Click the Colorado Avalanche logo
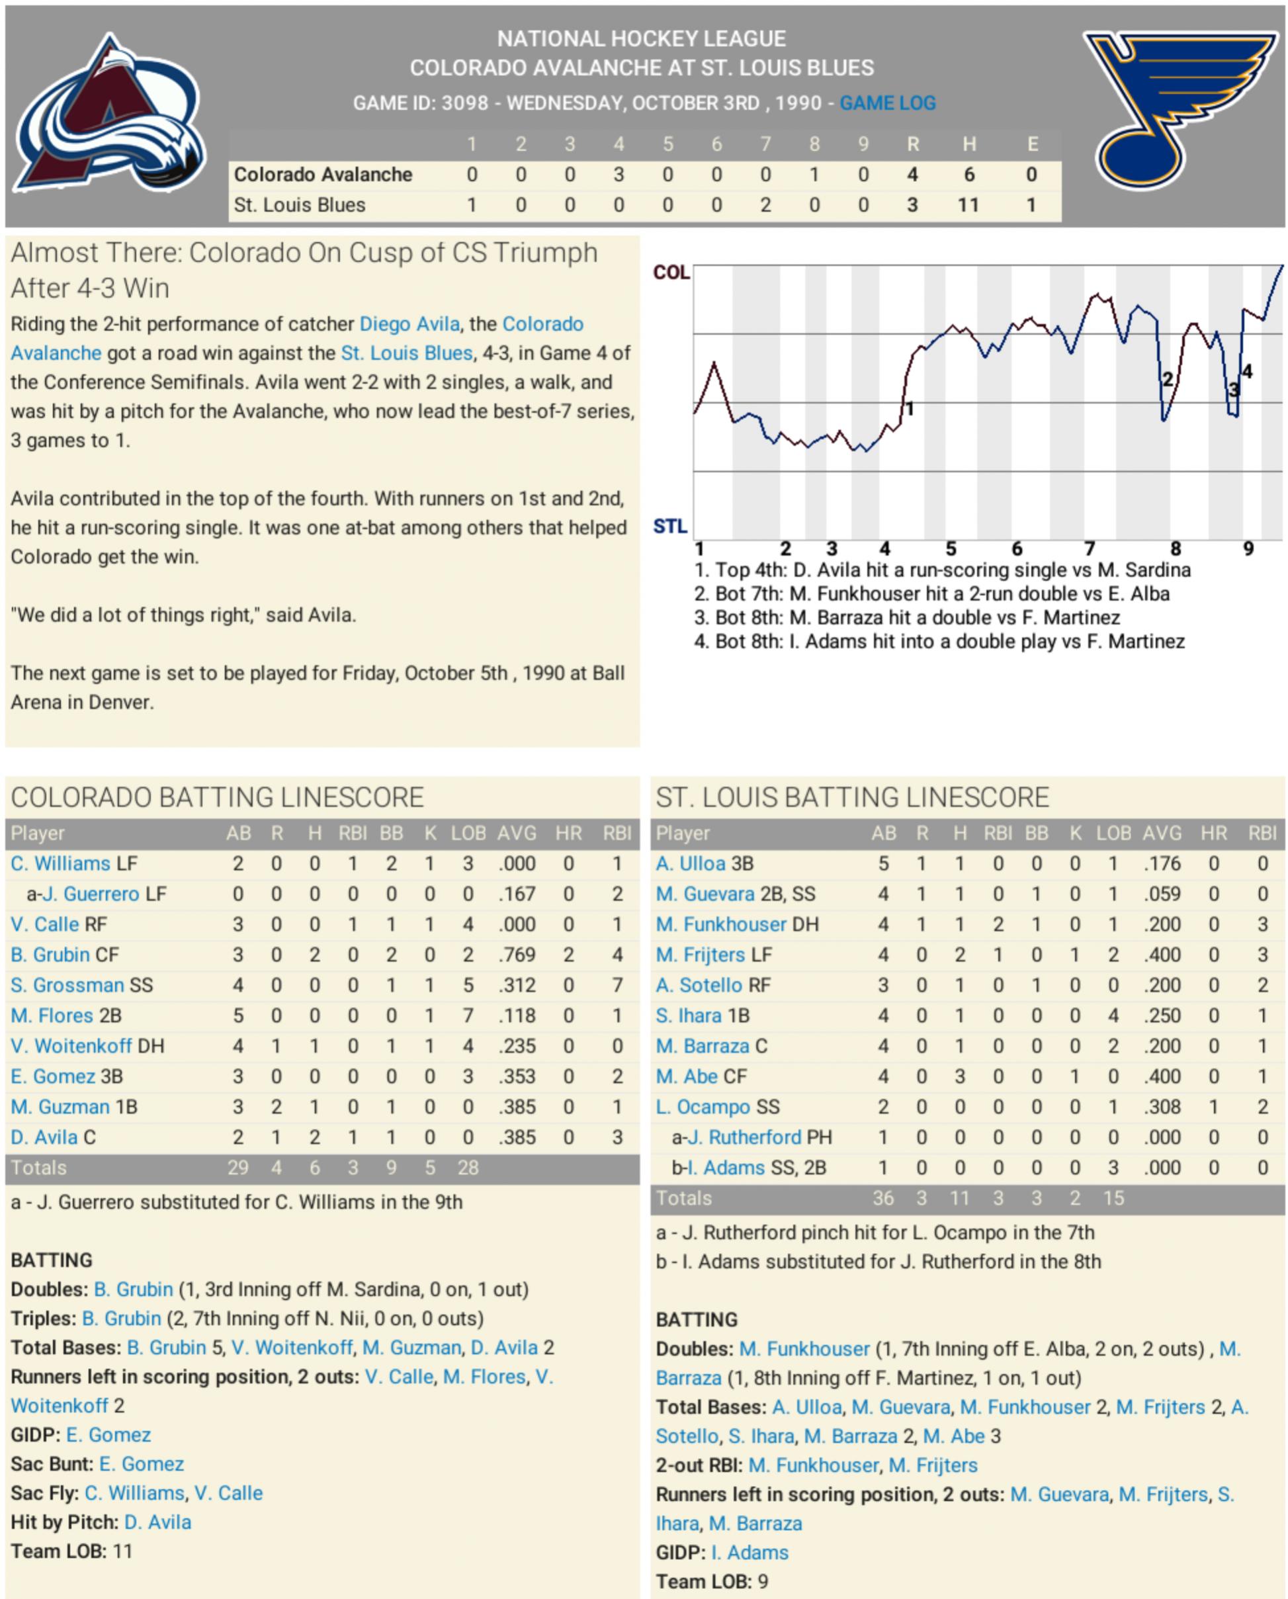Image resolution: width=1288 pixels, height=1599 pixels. click(110, 115)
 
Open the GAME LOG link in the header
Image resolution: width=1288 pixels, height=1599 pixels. click(887, 103)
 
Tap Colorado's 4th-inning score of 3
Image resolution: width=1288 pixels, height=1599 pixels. click(618, 175)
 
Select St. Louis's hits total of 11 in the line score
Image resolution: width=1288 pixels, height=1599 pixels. click(968, 206)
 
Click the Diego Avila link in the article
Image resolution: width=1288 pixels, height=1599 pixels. click(409, 324)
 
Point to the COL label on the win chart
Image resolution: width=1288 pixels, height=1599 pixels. click(671, 273)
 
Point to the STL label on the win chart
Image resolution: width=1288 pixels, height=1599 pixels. click(670, 527)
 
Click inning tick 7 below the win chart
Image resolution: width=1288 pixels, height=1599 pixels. click(1088, 549)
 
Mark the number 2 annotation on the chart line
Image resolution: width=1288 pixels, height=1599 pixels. click(1167, 380)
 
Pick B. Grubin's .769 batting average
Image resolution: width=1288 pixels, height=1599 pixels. click(517, 955)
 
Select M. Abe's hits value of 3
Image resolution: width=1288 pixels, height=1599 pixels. click(959, 1076)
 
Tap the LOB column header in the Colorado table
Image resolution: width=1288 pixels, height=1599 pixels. click(468, 834)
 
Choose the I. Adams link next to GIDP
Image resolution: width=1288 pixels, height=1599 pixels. click(750, 1552)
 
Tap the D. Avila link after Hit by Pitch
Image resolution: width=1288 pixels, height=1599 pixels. click(157, 1522)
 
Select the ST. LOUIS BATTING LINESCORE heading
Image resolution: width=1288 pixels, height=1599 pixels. click(852, 798)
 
